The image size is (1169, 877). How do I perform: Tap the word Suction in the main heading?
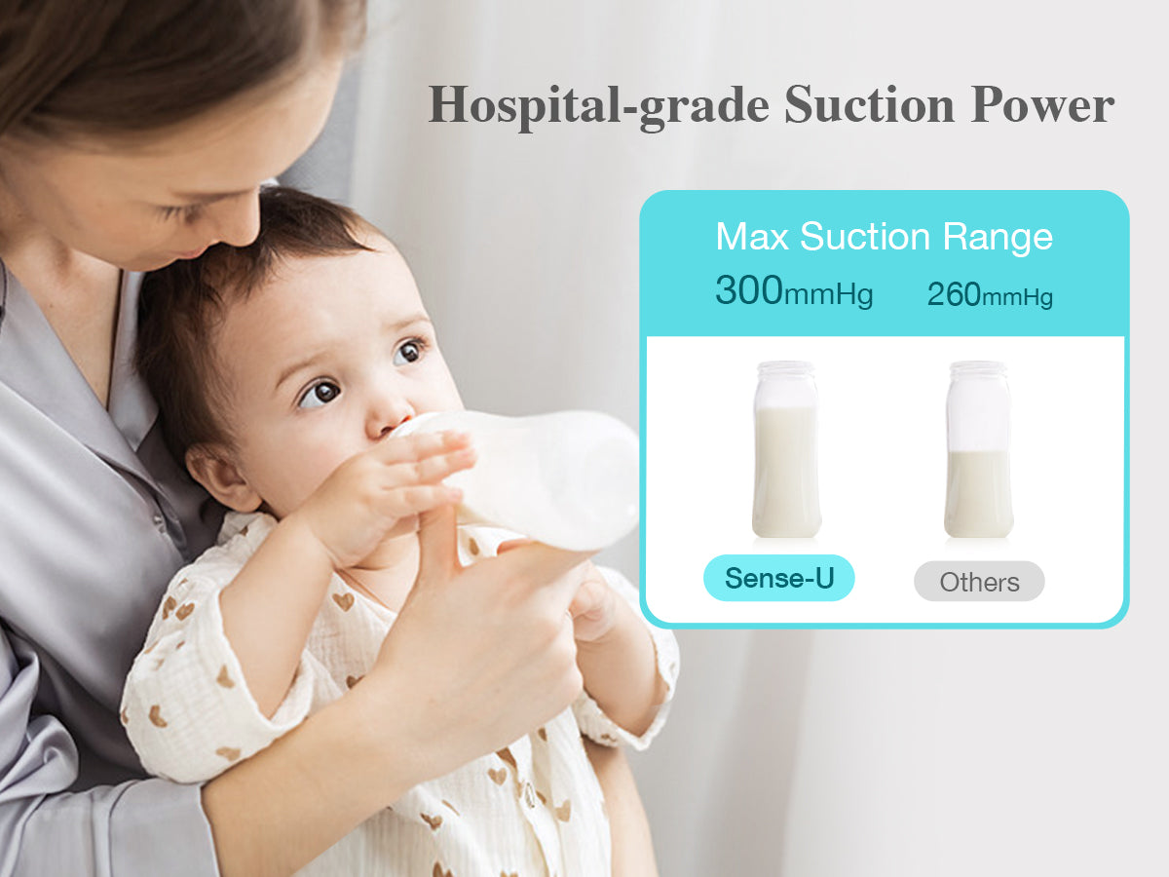pos(870,104)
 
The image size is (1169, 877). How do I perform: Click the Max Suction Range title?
pos(884,237)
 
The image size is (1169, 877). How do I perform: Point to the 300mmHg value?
pos(793,290)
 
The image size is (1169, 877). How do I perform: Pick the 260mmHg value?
pos(989,293)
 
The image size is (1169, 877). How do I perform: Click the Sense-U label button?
pos(778,579)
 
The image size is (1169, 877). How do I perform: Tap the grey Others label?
pos(978,582)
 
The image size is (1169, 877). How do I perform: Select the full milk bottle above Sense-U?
pos(785,449)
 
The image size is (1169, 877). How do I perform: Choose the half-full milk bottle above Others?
pos(978,449)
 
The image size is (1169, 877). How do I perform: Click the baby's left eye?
pos(410,351)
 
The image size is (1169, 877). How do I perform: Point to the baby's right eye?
pos(320,394)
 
